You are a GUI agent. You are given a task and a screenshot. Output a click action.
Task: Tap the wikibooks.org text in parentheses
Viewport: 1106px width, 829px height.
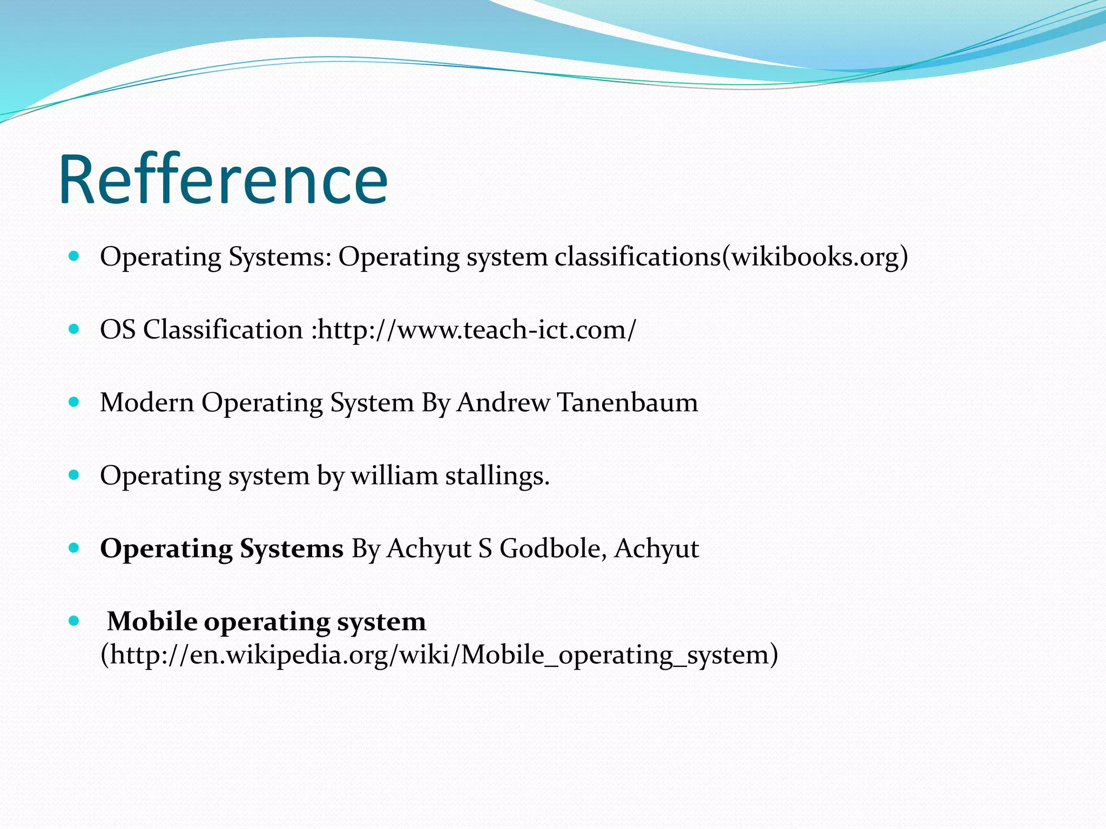(815, 256)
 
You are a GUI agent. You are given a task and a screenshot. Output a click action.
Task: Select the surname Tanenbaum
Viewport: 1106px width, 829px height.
(627, 403)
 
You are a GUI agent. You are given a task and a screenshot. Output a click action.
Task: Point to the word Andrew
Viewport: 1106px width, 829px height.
(503, 403)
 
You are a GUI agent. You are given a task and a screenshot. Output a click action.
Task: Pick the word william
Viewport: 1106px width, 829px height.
(394, 475)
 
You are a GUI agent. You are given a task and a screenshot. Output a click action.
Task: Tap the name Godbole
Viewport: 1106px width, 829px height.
(549, 548)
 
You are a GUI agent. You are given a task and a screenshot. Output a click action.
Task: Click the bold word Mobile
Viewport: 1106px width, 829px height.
(152, 621)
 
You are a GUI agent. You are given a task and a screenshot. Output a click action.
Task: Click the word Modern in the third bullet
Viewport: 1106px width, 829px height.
(147, 403)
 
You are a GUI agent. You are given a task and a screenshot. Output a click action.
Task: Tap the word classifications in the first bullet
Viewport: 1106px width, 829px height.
(638, 256)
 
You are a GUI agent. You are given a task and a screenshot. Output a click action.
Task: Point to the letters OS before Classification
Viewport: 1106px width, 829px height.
(118, 329)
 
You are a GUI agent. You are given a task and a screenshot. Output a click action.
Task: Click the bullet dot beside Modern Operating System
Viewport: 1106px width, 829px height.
(75, 402)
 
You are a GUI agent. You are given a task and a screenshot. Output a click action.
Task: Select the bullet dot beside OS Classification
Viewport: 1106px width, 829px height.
(75, 329)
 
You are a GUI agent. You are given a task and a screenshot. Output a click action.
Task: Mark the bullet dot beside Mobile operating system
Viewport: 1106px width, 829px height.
(75, 621)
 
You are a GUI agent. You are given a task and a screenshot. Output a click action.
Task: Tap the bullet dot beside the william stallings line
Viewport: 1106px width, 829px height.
(75, 475)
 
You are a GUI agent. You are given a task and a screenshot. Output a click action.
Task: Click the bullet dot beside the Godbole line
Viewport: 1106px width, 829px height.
(75, 548)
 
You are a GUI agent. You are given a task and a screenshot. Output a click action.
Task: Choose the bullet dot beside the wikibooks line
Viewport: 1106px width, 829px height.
(75, 256)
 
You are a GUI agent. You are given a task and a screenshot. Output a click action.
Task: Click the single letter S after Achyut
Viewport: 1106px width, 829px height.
(485, 548)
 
